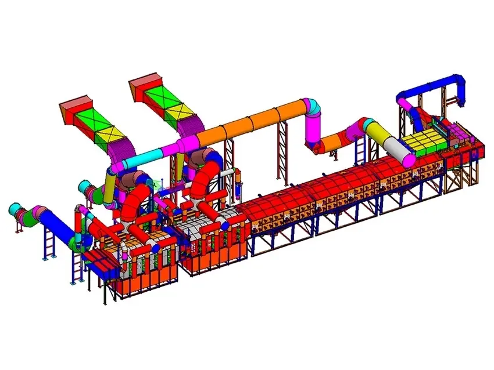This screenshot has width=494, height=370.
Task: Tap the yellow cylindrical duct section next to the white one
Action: click(x=381, y=135)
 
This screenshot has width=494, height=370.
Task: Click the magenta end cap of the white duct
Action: click(x=409, y=158)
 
